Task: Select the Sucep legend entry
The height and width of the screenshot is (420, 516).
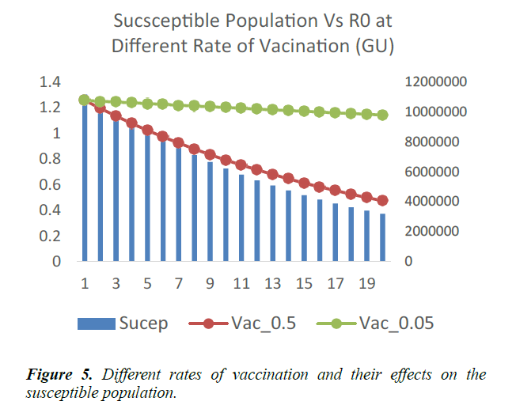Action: (x=123, y=323)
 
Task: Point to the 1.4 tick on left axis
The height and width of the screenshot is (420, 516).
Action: (x=50, y=81)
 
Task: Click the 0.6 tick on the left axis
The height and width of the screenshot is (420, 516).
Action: (x=50, y=184)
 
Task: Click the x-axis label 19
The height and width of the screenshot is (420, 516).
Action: (x=367, y=283)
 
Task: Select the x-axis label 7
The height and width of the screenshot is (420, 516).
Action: (x=179, y=283)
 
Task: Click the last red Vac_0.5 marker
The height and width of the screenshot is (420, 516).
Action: (x=383, y=200)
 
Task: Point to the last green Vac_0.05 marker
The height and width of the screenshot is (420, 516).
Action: (x=383, y=115)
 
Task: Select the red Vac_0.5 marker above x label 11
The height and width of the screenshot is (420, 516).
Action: (x=241, y=165)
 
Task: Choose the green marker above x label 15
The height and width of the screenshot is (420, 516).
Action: (x=305, y=111)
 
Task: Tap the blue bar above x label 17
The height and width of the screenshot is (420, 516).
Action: (x=336, y=233)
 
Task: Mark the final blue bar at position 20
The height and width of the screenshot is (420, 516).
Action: (x=383, y=237)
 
